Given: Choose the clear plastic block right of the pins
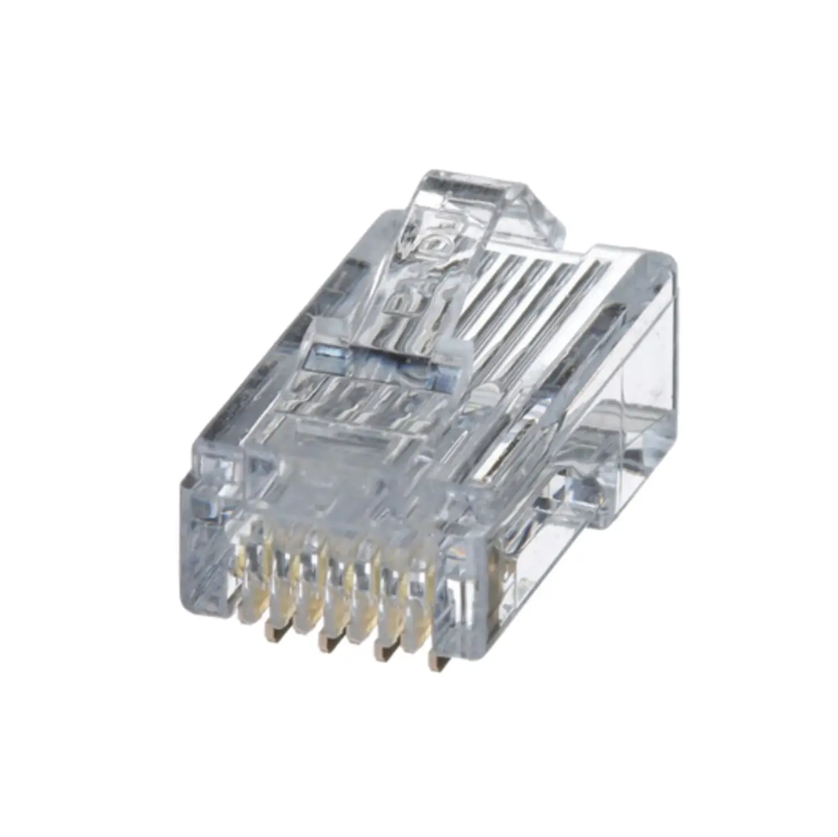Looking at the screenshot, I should (x=468, y=603).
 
